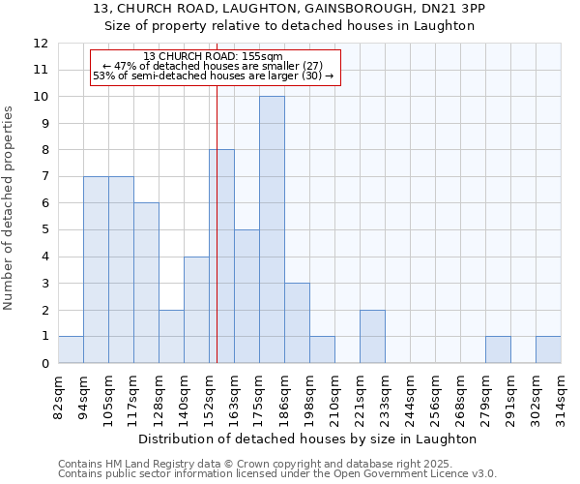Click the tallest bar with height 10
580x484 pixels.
pyautogui.click(x=272, y=230)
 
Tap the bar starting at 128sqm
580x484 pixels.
pyautogui.click(x=171, y=337)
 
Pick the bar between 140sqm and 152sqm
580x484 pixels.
pyautogui.click(x=196, y=310)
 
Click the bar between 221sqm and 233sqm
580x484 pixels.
pyautogui.click(x=372, y=337)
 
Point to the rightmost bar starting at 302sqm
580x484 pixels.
pyautogui.click(x=548, y=350)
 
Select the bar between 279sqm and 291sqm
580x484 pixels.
pyautogui.click(x=498, y=350)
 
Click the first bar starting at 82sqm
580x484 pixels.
pyautogui.click(x=71, y=350)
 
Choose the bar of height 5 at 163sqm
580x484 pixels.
pyautogui.click(x=246, y=296)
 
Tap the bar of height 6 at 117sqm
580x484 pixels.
pyautogui.click(x=146, y=283)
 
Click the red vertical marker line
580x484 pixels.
pyautogui.click(x=217, y=194)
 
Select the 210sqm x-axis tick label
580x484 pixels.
pyautogui.click(x=334, y=397)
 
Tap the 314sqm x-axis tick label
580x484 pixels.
pyautogui.click(x=561, y=397)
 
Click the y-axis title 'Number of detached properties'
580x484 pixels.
pyautogui.click(x=10, y=208)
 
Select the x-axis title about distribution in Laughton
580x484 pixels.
pyautogui.click(x=309, y=439)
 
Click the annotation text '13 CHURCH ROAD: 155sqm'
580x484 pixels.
pyautogui.click(x=213, y=56)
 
